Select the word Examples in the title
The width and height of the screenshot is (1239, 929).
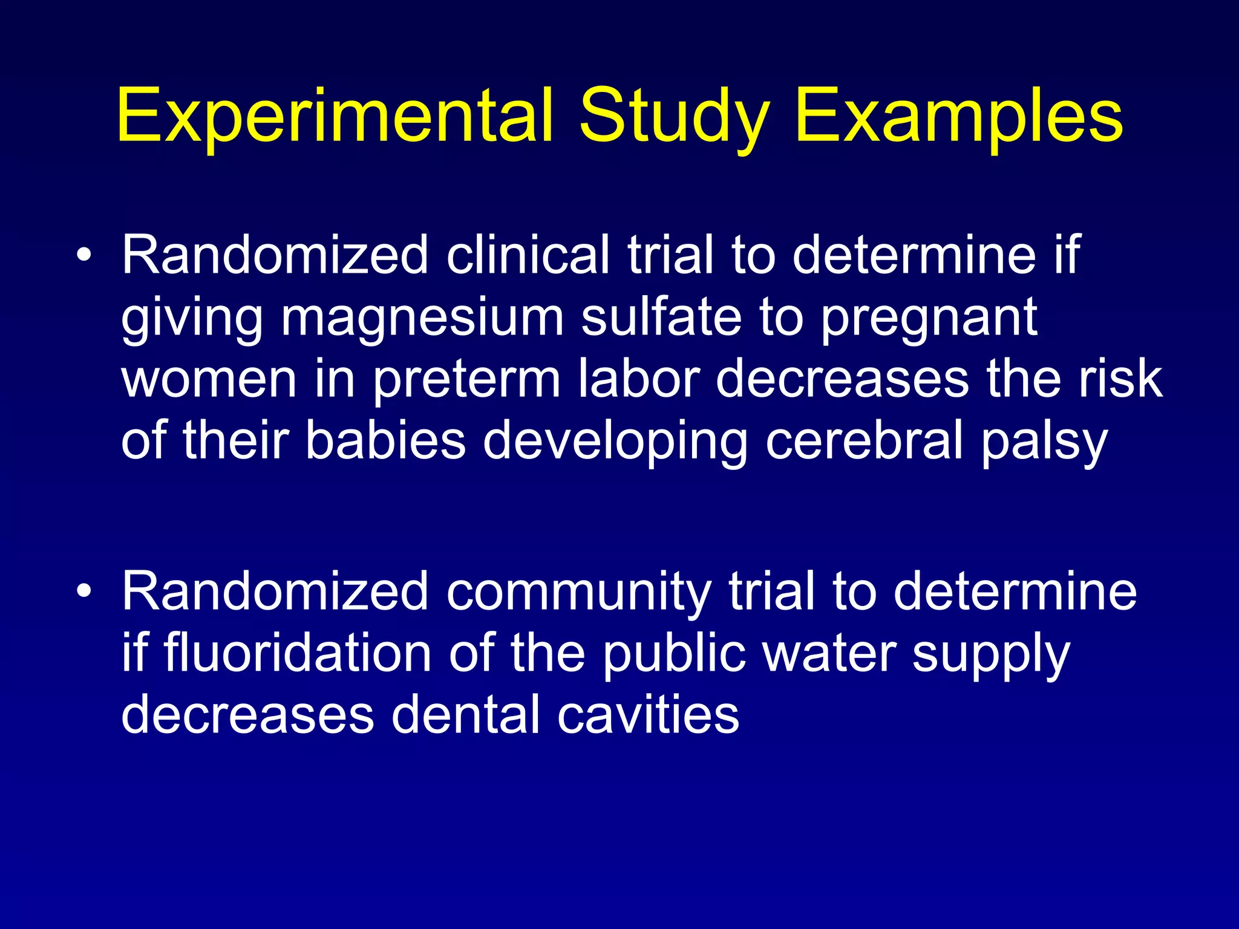pos(959,116)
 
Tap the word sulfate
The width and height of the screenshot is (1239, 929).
pos(661,318)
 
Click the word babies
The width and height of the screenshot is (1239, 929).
pos(385,440)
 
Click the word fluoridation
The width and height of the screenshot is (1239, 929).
pos(297,653)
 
